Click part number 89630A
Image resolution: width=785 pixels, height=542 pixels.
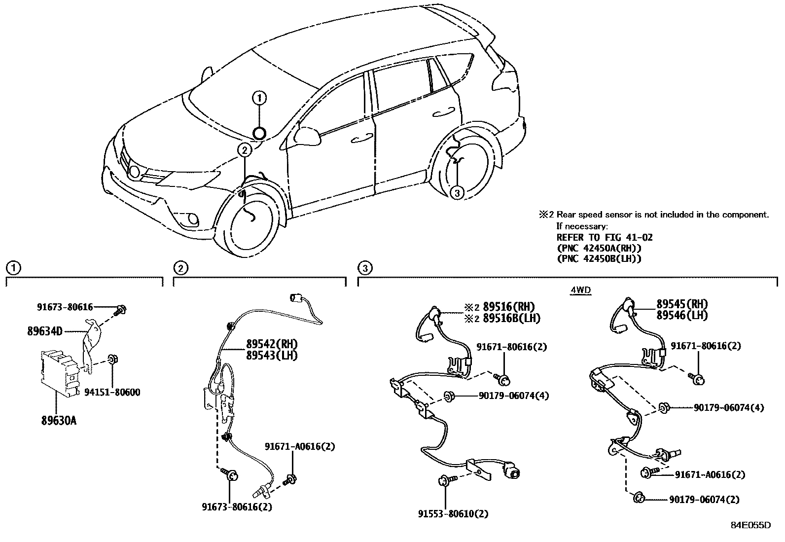59,420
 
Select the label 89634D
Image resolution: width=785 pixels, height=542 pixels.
45,331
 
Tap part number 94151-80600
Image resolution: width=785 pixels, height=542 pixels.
112,392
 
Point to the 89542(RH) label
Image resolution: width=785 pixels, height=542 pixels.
272,344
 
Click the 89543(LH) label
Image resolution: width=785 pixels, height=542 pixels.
272,356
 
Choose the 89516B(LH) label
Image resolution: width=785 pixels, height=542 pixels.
512,318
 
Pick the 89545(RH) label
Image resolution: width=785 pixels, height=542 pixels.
682,304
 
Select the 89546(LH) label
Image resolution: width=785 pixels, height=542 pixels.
682,315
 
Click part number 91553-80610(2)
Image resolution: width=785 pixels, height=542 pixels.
453,514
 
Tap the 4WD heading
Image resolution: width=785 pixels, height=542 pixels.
581,290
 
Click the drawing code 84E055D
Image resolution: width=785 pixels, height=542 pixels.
750,525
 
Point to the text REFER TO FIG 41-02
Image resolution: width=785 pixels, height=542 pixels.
605,237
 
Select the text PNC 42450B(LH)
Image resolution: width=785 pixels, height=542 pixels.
599,259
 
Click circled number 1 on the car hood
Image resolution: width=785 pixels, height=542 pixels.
259,98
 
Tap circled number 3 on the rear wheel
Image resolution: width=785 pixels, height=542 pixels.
457,192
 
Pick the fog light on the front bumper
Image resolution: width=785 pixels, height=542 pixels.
192,219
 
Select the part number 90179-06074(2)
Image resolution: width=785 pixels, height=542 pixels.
705,500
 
